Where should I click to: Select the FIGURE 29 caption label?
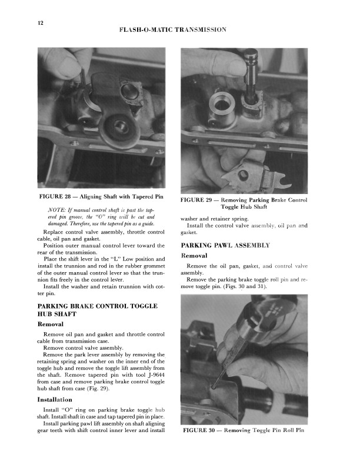(x=201, y=200)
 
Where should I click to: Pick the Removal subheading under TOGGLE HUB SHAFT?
(x=50, y=324)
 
